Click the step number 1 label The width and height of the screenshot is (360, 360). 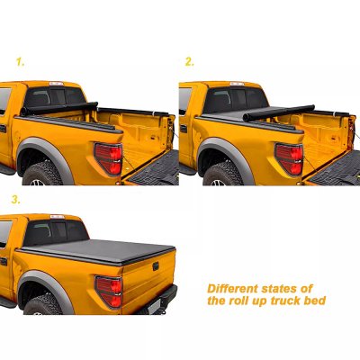click(x=20, y=62)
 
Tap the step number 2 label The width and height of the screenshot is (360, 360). click(x=190, y=62)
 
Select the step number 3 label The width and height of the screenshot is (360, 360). click(x=15, y=200)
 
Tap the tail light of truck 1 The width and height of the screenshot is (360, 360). click(x=109, y=158)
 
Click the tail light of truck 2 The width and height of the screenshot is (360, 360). click(x=290, y=159)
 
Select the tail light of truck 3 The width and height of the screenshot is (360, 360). click(x=110, y=292)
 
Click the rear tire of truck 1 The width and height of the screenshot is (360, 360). click(x=42, y=174)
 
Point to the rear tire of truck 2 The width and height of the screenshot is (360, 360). click(x=222, y=175)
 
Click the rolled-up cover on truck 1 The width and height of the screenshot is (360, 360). click(x=59, y=109)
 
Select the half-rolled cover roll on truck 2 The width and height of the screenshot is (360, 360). click(x=279, y=113)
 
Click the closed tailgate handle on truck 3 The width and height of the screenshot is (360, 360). click(x=156, y=266)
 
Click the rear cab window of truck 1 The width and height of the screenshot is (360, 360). click(x=55, y=96)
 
